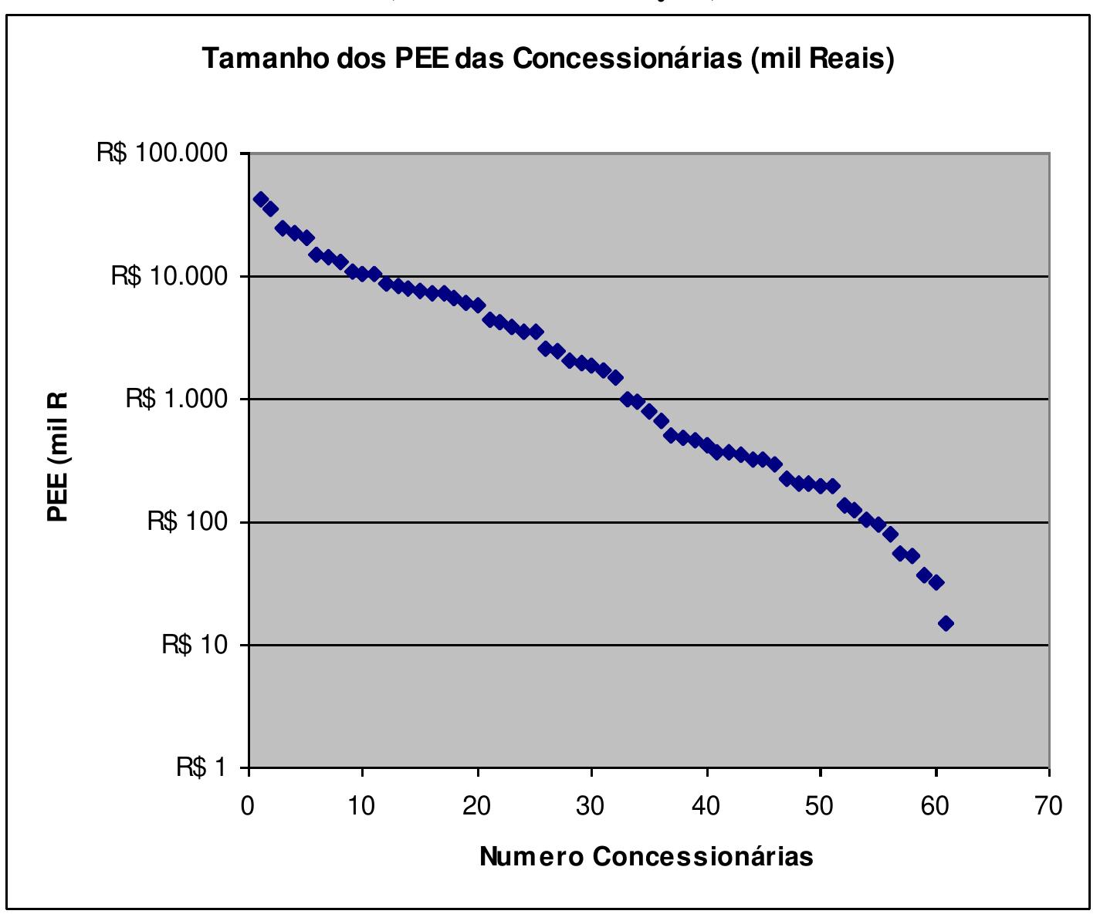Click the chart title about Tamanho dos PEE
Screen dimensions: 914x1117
click(548, 59)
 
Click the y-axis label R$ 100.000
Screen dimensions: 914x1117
click(162, 153)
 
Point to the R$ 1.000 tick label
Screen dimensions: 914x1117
click(177, 399)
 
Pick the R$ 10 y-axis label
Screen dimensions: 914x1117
click(195, 644)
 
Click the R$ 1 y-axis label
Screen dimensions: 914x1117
click(202, 767)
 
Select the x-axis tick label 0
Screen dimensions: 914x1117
click(248, 806)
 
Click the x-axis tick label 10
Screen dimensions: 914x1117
click(360, 806)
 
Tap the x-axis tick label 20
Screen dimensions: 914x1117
click(476, 806)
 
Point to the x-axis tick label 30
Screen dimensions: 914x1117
click(591, 806)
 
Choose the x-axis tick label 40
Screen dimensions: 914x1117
click(706, 806)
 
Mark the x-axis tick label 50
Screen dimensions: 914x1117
click(820, 806)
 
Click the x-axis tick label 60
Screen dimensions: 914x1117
click(934, 806)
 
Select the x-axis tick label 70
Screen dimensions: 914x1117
click(1048, 806)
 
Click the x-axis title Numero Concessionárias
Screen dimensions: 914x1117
click(646, 856)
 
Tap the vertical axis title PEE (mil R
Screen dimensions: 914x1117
click(58, 457)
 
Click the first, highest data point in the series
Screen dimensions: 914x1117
click(261, 199)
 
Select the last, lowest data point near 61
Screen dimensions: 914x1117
click(946, 623)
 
